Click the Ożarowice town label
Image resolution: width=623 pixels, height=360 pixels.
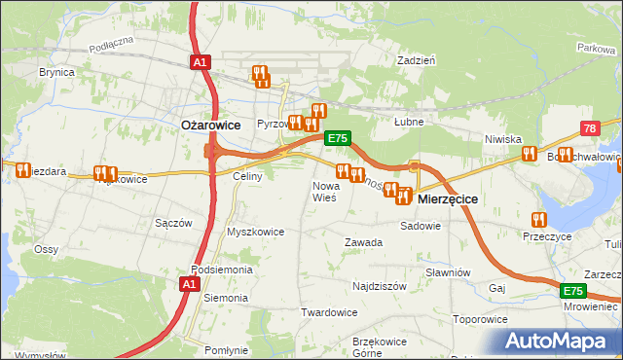(209, 125)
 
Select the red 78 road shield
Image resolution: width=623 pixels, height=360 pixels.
(590, 129)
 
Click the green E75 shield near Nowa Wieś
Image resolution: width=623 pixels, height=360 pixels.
(337, 138)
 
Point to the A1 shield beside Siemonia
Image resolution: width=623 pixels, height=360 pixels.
(190, 284)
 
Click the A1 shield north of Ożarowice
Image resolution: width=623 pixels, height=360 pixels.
(199, 62)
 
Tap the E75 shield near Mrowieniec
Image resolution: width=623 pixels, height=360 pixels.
(573, 291)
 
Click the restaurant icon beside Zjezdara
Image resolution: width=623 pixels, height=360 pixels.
(22, 169)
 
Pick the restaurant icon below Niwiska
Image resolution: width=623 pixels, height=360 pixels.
(529, 153)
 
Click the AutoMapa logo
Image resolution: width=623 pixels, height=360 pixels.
(563, 341)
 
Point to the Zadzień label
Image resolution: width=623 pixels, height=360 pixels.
(416, 59)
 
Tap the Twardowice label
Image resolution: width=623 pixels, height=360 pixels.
(329, 312)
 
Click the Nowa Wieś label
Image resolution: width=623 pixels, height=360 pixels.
(324, 191)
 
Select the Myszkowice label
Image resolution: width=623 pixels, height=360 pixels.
(255, 232)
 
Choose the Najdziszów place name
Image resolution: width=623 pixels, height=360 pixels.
(380, 288)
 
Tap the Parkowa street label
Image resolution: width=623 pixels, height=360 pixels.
(595, 47)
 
